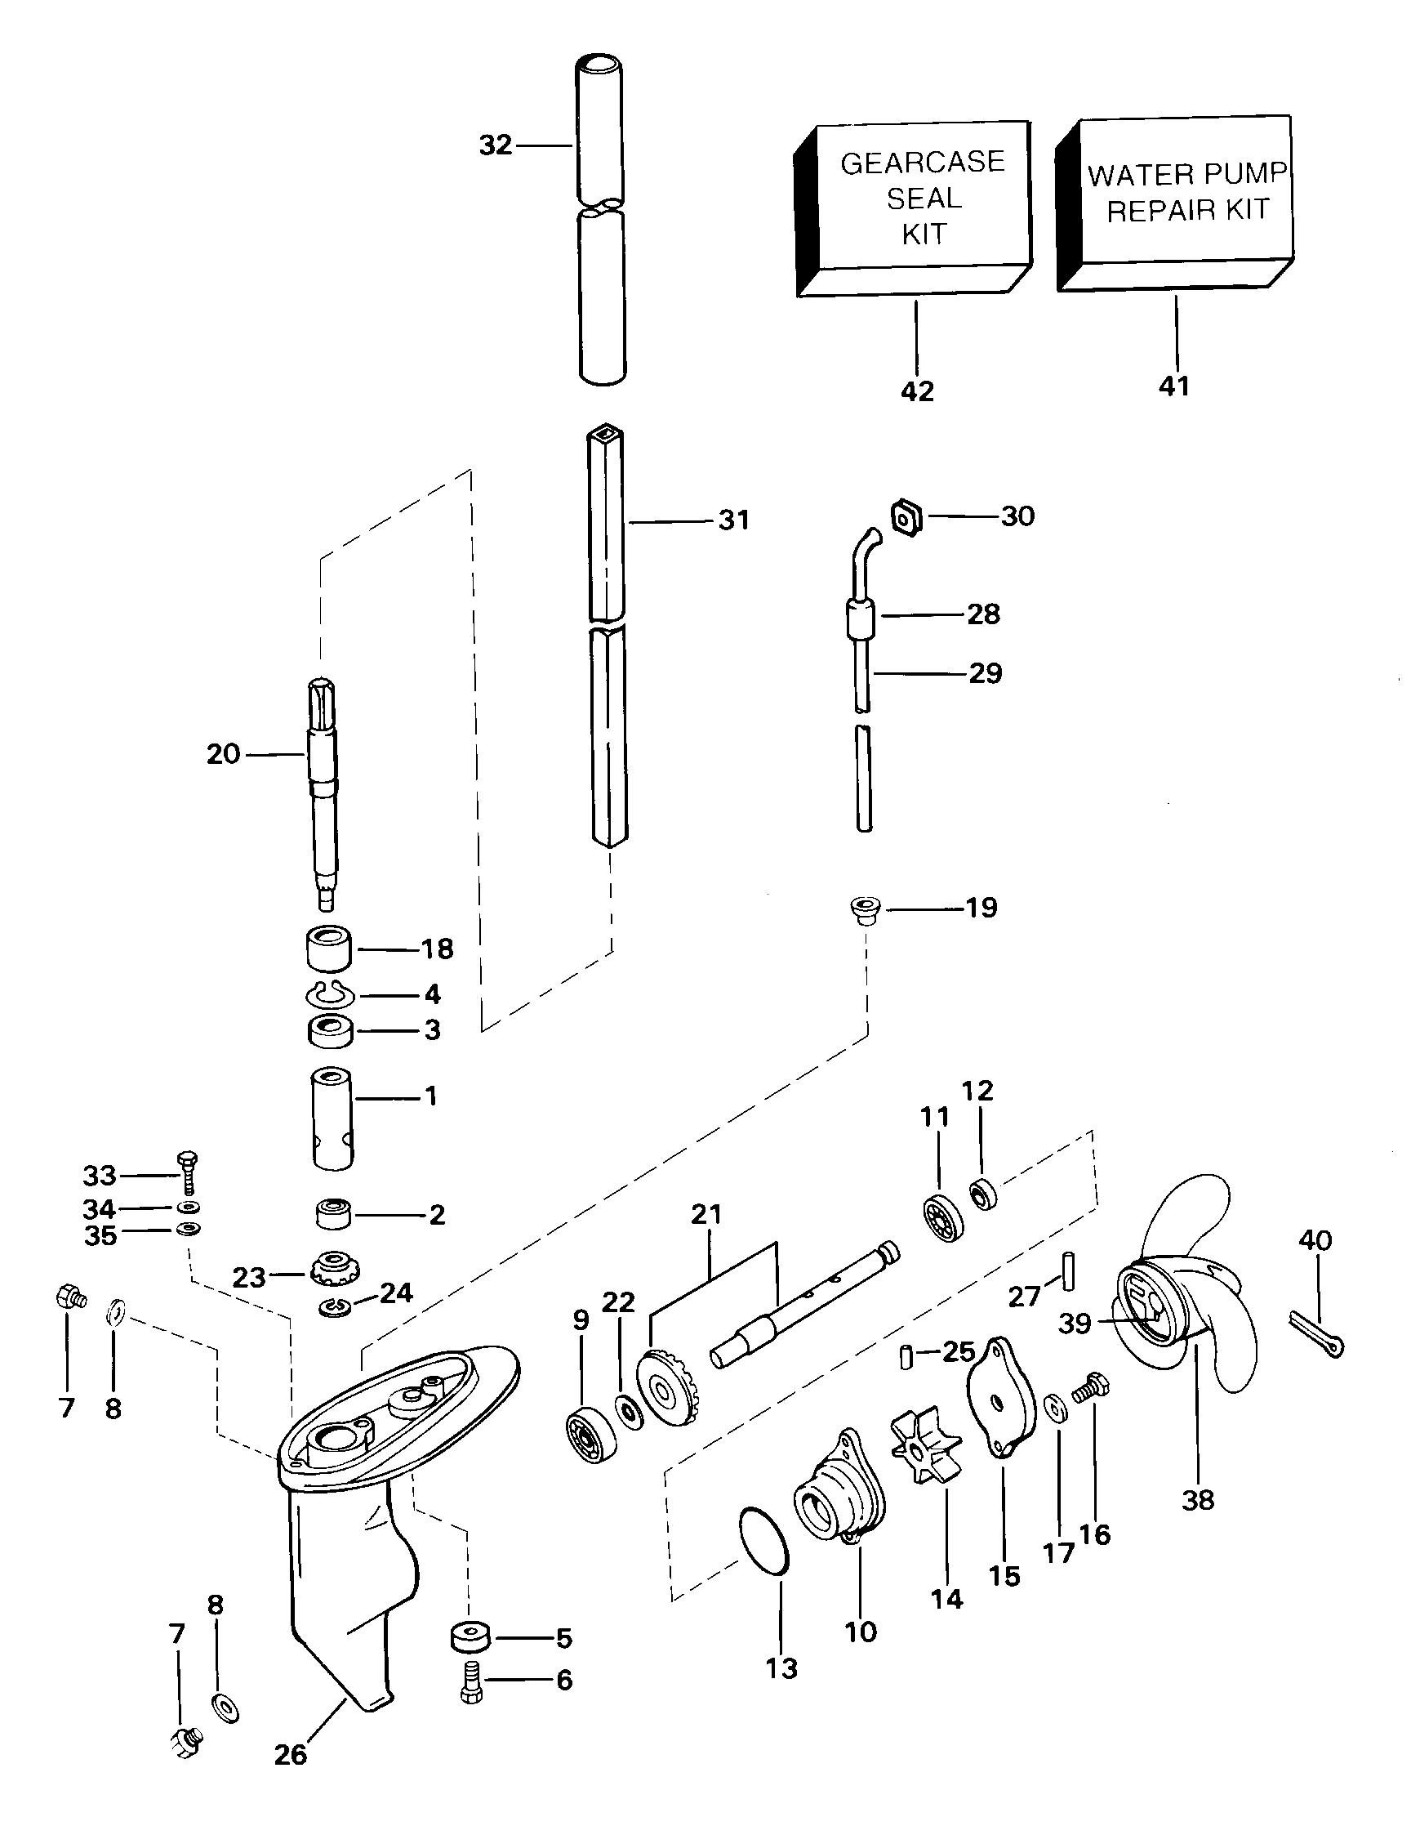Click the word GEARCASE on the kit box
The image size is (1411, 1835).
click(922, 161)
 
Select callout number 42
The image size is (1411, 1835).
click(917, 391)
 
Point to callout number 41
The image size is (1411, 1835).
click(1174, 386)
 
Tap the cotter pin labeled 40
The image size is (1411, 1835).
click(1316, 1334)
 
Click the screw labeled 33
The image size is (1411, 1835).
click(188, 1174)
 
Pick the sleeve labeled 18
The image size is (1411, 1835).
click(327, 948)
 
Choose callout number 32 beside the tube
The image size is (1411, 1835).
click(496, 145)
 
